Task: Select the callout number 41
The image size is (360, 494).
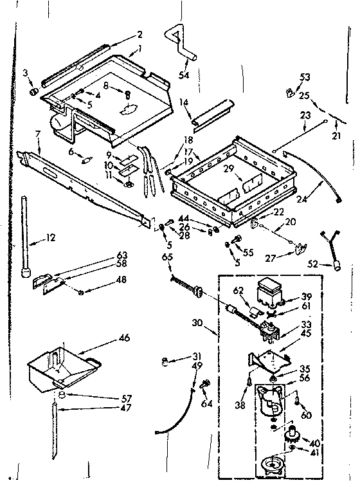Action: pyautogui.click(x=315, y=453)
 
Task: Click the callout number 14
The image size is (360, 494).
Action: pyautogui.click(x=184, y=101)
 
